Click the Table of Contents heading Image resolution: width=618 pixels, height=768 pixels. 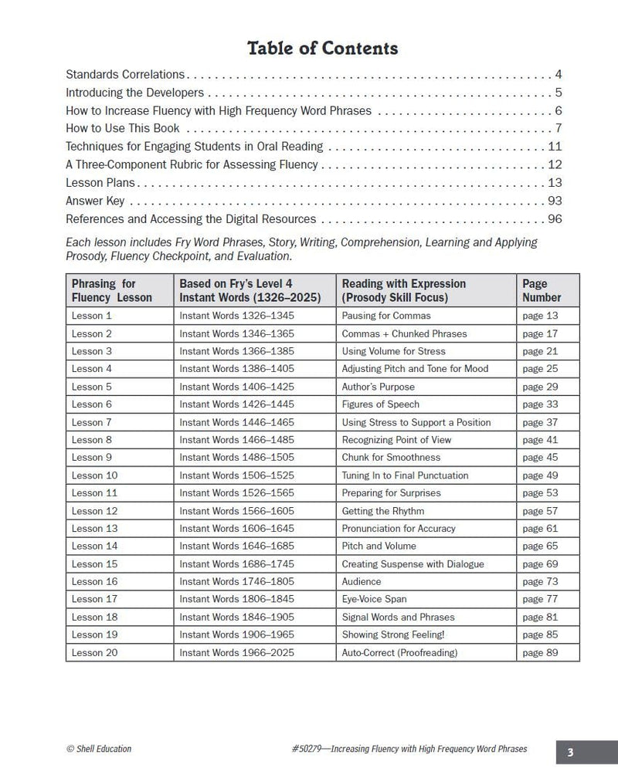(322, 49)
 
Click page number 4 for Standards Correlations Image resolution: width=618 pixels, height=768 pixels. (558, 75)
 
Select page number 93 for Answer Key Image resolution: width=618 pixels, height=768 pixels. (554, 201)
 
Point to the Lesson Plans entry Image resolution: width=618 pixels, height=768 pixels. (100, 183)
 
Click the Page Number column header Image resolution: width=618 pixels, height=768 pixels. (542, 289)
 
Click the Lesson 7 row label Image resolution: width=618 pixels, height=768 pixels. (92, 422)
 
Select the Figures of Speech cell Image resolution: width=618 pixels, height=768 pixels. (380, 404)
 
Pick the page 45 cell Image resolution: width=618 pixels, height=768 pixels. (540, 458)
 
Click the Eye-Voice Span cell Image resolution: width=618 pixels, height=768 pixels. (374, 599)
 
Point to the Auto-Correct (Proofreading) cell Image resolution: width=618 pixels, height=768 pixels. (399, 652)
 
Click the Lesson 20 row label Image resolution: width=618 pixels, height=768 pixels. (94, 652)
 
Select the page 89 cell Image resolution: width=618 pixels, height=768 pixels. (540, 652)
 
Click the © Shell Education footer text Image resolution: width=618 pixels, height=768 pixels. (99, 749)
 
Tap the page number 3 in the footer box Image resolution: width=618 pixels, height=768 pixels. (570, 751)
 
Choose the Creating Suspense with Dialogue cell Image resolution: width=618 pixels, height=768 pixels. (413, 563)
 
